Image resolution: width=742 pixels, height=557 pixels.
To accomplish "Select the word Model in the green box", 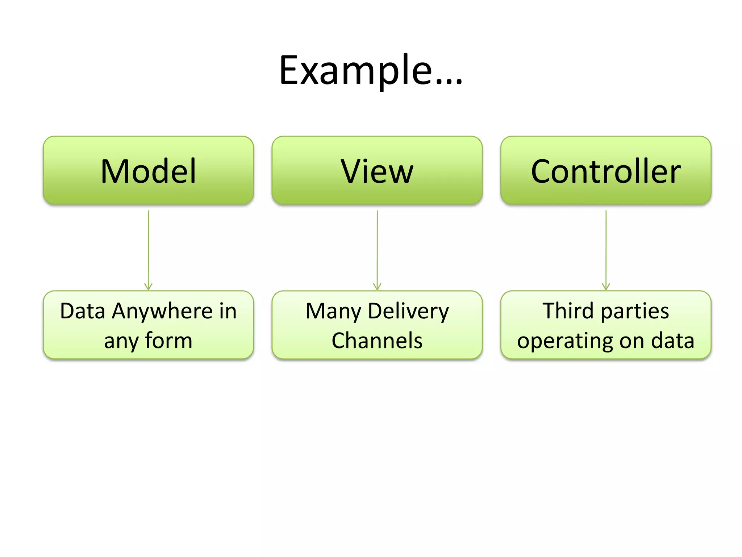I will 148,171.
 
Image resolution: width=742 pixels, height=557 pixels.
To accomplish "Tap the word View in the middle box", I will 377,171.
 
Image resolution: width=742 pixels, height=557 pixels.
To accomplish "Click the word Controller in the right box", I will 606,171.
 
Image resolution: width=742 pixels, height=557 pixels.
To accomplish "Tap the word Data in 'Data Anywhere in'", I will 83,311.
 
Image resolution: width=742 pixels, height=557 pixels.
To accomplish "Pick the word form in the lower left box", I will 168,341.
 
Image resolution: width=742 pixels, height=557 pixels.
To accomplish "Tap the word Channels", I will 377,341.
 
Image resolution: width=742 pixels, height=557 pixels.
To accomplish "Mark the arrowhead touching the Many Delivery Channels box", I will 377,287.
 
